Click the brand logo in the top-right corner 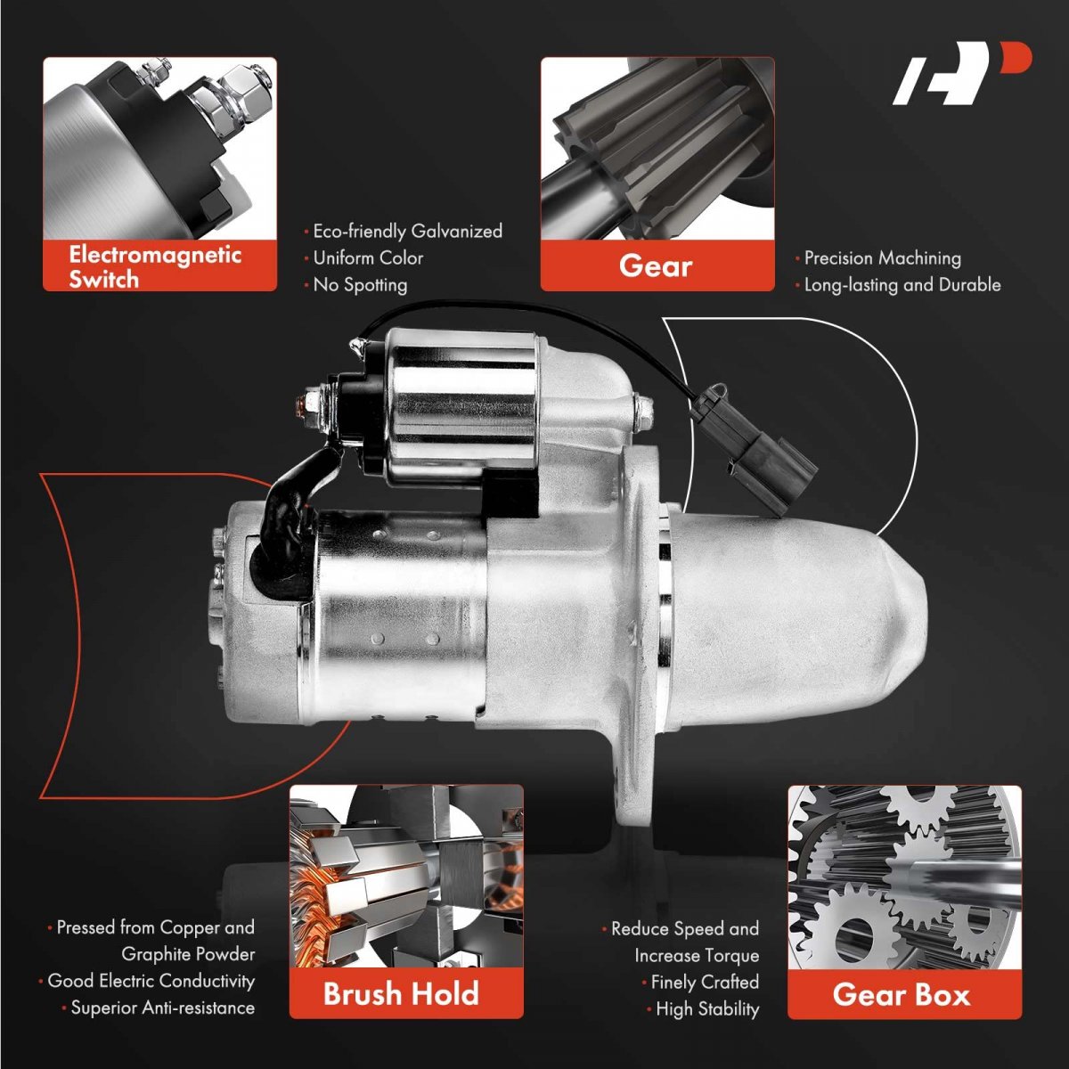961,74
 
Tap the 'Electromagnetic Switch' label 155,267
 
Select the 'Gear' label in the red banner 656,265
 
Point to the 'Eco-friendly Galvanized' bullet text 404,231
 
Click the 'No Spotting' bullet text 355,284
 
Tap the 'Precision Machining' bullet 878,258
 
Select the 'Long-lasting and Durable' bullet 898,284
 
